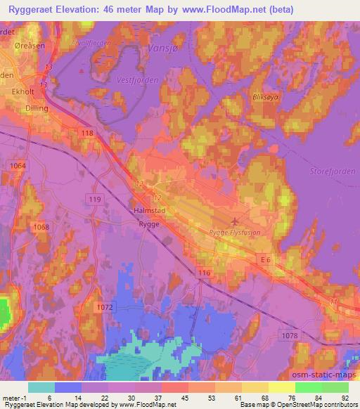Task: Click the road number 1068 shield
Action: click(41, 226)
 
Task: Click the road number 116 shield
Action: click(204, 271)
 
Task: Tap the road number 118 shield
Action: click(87, 133)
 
